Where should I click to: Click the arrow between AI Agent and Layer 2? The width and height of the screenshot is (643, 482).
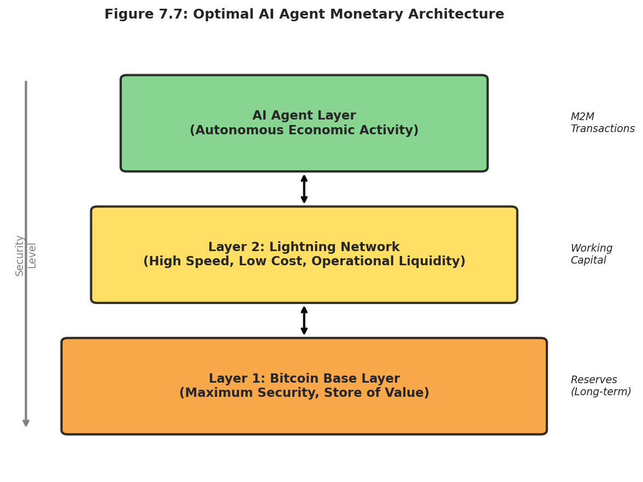[304, 189]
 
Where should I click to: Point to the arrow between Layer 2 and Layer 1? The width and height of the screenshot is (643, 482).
[304, 320]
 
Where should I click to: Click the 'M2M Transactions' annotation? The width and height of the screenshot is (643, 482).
[602, 123]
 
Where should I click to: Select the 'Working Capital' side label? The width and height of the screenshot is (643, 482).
[591, 254]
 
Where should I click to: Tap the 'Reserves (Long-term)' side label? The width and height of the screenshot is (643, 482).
[600, 386]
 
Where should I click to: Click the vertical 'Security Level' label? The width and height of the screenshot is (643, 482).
[26, 255]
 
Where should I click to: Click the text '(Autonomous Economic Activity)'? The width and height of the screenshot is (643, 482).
[304, 131]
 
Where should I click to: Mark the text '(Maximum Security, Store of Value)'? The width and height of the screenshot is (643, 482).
[304, 394]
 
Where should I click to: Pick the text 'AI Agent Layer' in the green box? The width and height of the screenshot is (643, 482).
[304, 116]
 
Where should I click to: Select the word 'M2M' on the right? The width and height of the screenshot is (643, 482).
[582, 117]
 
